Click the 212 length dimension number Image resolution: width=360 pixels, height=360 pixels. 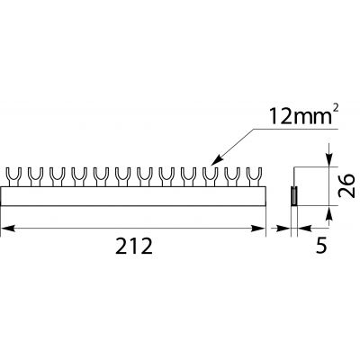(x=134, y=247)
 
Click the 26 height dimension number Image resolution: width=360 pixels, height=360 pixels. (x=346, y=185)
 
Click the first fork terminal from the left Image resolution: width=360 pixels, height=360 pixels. (x=13, y=177)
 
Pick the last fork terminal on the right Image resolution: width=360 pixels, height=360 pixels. (x=254, y=177)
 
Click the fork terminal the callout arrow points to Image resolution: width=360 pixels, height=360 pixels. (x=211, y=177)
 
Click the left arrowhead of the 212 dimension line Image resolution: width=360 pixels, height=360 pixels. (x=7, y=229)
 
